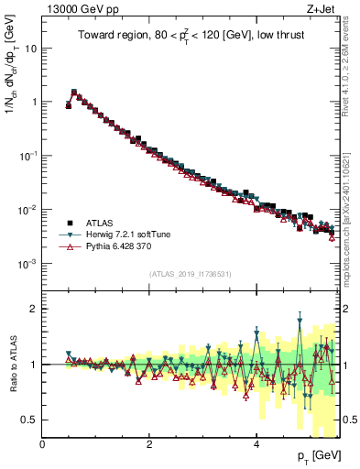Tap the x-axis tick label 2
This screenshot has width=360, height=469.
[x=149, y=443]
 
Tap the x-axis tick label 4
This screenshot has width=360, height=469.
[x=256, y=443]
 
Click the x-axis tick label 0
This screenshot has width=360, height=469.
[x=42, y=443]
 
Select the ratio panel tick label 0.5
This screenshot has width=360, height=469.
[x=27, y=420]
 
